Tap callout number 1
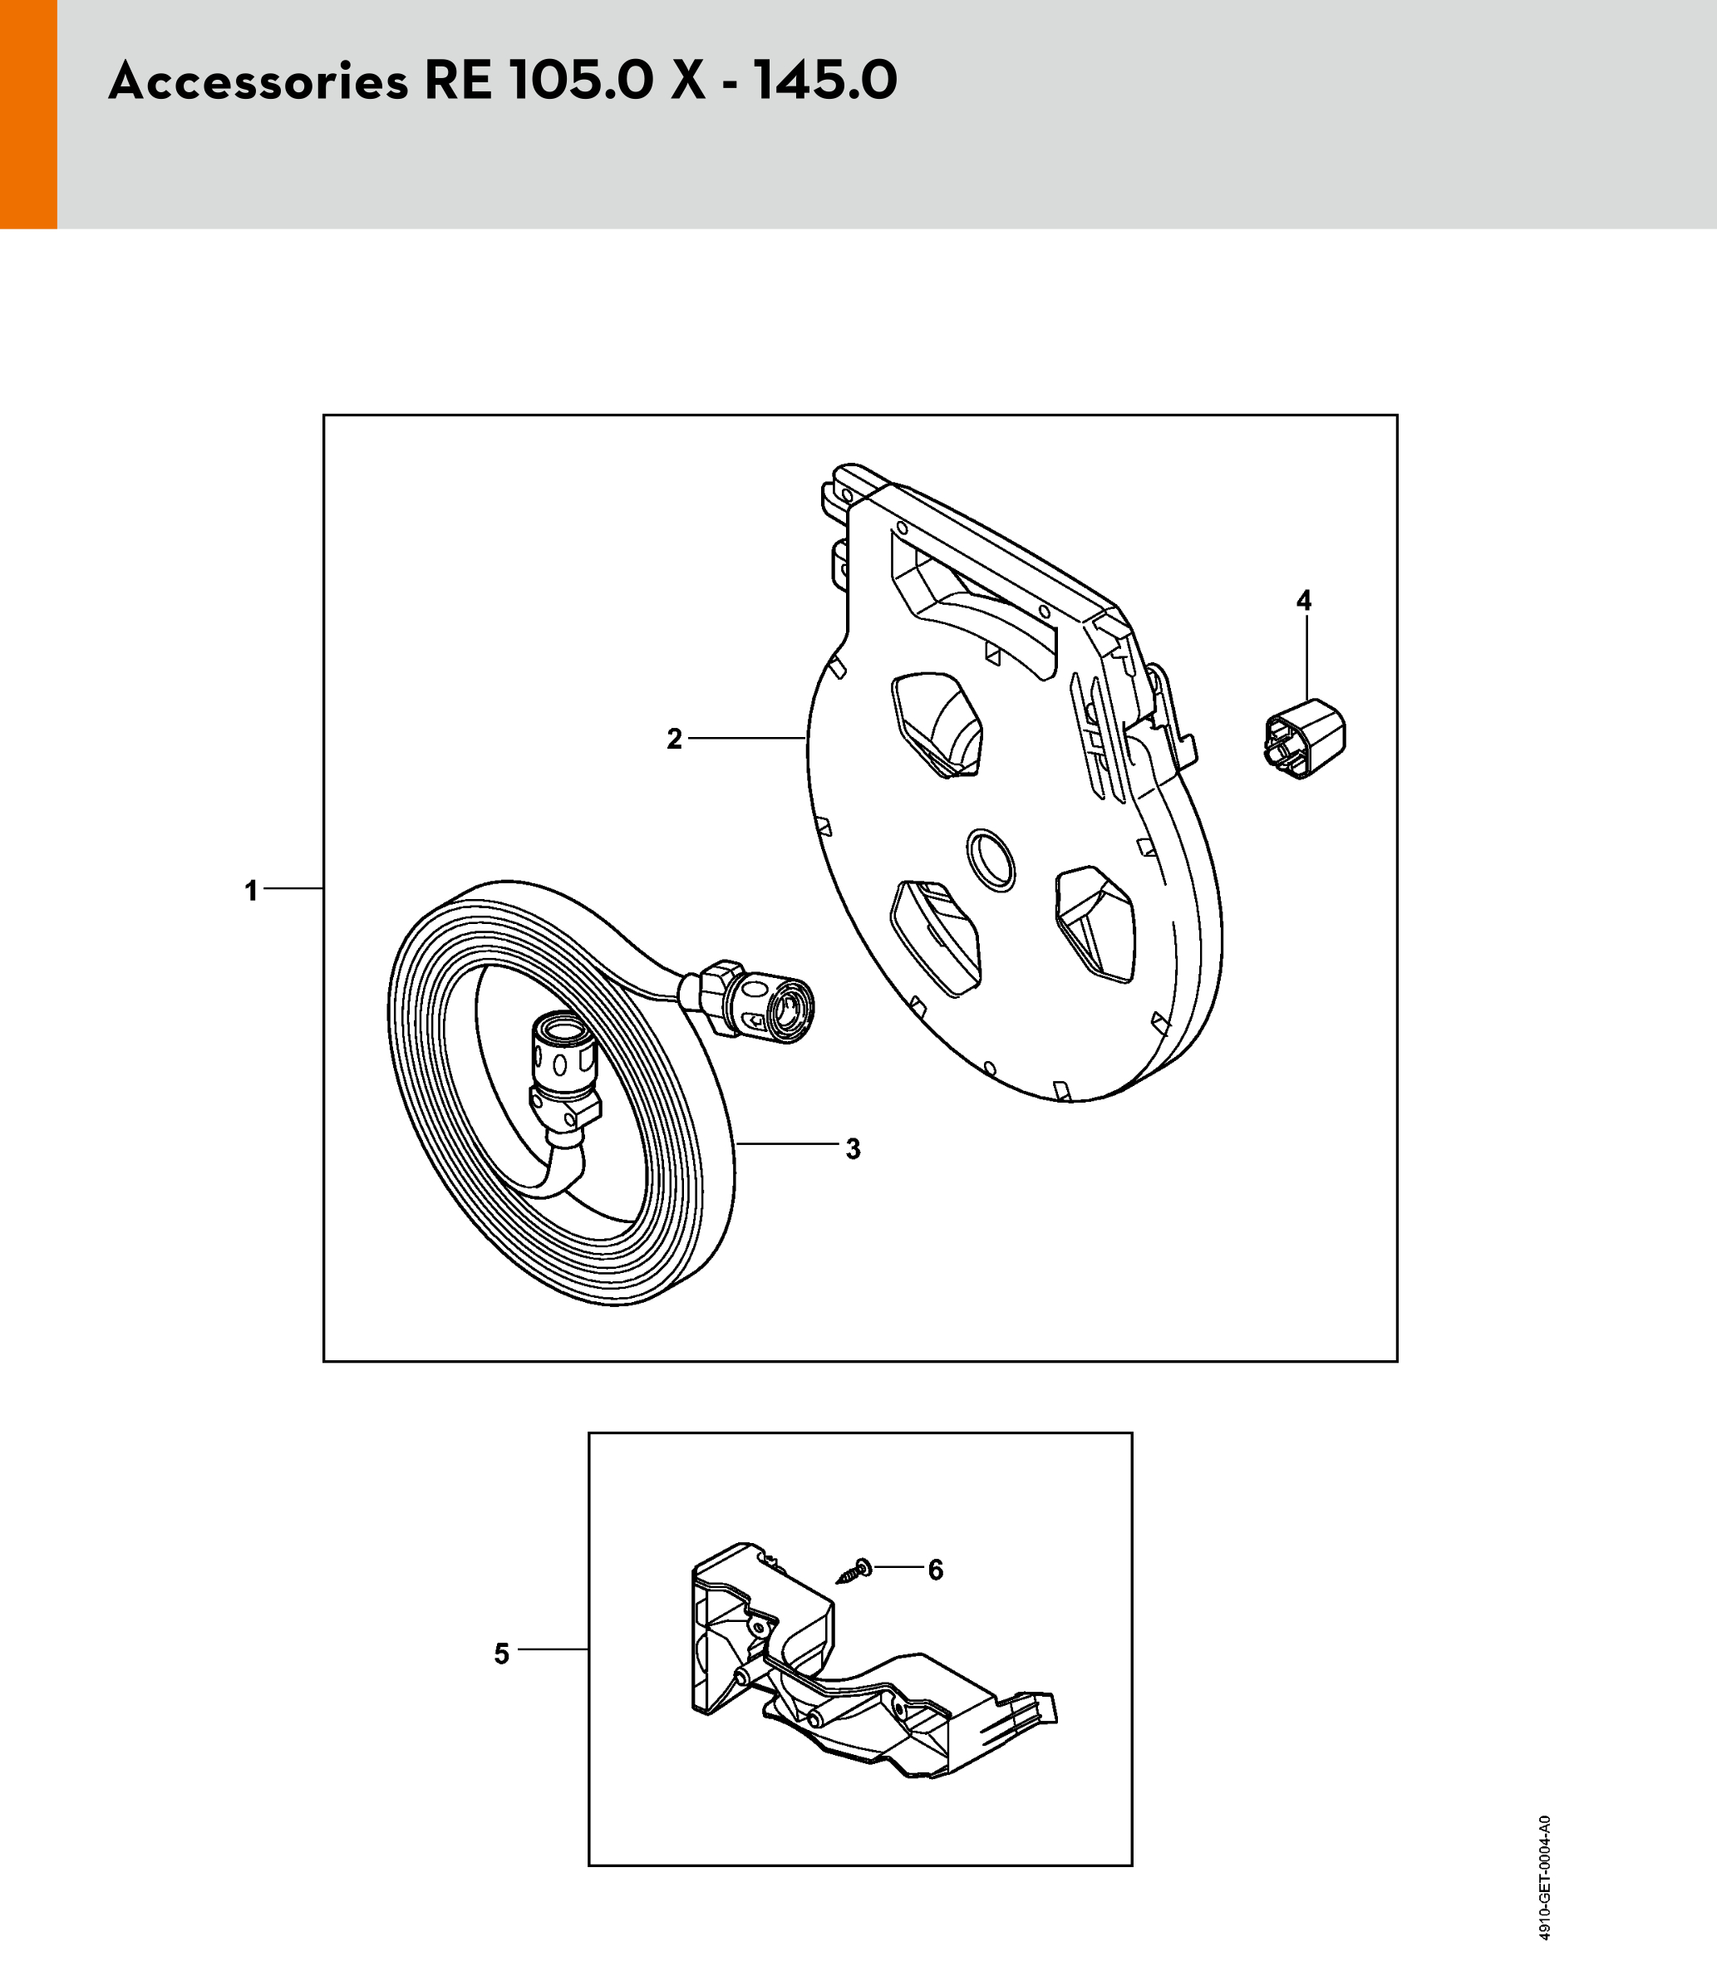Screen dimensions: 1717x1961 point(251,891)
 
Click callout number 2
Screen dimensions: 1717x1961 point(675,739)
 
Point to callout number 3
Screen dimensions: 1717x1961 point(853,1148)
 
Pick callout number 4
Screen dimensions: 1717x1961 point(1303,601)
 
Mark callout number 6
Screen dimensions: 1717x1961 point(935,1570)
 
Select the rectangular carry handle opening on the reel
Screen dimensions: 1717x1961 point(972,603)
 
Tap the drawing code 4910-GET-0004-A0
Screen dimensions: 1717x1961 point(1544,1879)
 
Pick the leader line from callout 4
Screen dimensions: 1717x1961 point(1306,659)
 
